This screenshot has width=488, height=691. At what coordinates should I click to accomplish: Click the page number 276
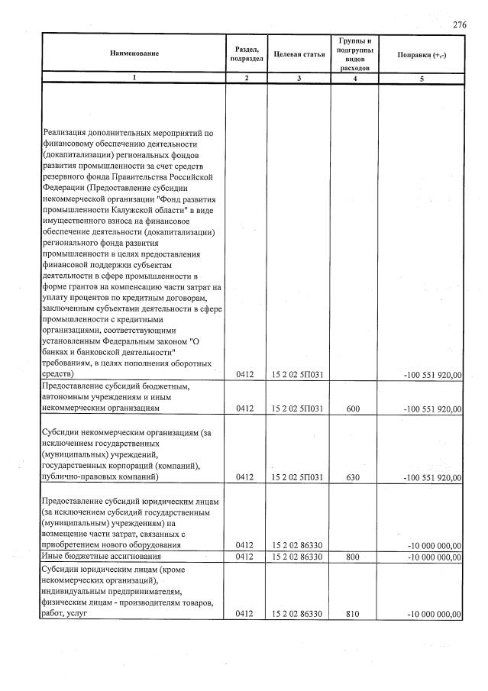(x=459, y=25)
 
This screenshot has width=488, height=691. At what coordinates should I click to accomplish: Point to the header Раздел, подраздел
(x=245, y=53)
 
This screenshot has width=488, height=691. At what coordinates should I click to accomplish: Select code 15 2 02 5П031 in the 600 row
(x=298, y=409)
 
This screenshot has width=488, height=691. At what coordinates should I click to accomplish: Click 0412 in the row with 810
(x=244, y=614)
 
